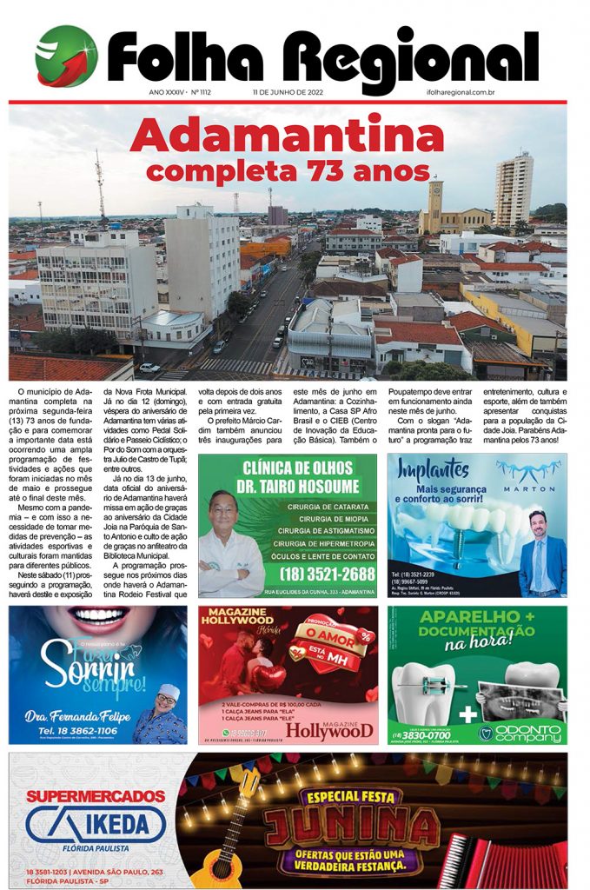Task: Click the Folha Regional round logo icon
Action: coord(66,56)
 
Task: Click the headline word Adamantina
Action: coord(286,136)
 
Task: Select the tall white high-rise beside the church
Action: coord(513,191)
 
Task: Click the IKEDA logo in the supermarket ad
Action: coord(96,825)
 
